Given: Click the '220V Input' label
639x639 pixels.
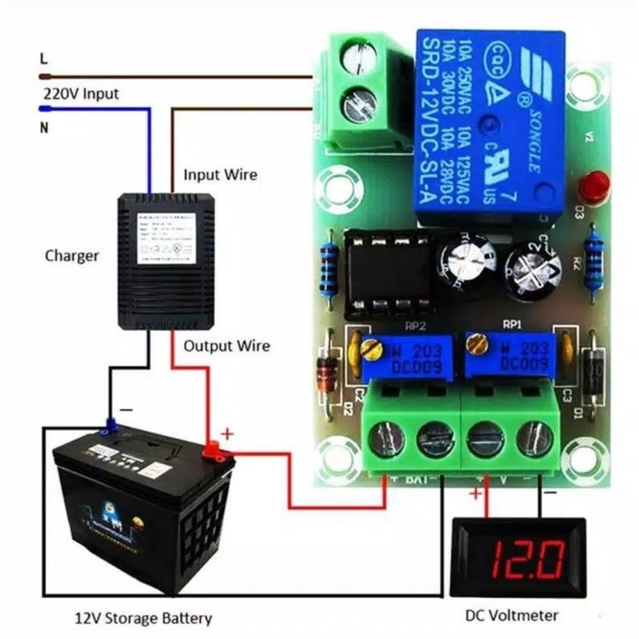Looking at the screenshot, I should (80, 94).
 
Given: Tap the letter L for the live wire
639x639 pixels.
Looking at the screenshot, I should (43, 59).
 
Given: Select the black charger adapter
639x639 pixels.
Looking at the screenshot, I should (170, 261).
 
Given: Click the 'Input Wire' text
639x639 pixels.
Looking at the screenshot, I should (220, 174).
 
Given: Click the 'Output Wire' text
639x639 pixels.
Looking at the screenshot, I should (226, 346).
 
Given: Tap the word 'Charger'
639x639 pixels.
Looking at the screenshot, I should (71, 256).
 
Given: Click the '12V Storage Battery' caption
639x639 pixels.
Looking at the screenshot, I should (144, 618).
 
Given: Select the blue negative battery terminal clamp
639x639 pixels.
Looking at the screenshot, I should (109, 426).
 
